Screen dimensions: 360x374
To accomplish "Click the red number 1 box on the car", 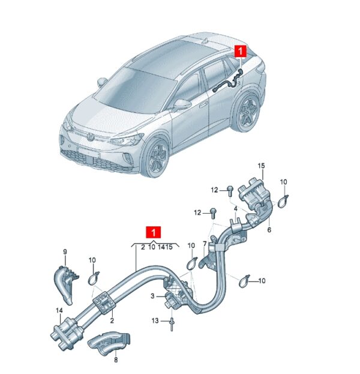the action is [241, 52].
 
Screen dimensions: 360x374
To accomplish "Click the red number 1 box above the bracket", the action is [154, 232].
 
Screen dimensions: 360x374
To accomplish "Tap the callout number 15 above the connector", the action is [261, 166].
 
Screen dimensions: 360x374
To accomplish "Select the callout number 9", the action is [65, 252].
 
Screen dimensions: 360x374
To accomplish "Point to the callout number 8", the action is [116, 360].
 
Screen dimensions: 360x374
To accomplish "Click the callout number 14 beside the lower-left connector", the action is [59, 310].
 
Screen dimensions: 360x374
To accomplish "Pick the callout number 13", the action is [155, 321].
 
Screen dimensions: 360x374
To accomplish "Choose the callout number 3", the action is [152, 296].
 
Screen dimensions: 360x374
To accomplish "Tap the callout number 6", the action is [269, 230].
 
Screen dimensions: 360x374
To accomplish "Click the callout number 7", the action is [205, 244].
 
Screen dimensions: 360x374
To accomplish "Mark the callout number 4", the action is [236, 209].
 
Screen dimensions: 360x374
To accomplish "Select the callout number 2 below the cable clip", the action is [112, 321].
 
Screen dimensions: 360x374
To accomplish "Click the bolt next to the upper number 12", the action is [230, 191].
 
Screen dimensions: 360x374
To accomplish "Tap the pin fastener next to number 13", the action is [172, 324].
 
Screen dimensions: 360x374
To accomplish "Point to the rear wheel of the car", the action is [248, 112].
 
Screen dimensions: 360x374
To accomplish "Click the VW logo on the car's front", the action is [91, 137].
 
